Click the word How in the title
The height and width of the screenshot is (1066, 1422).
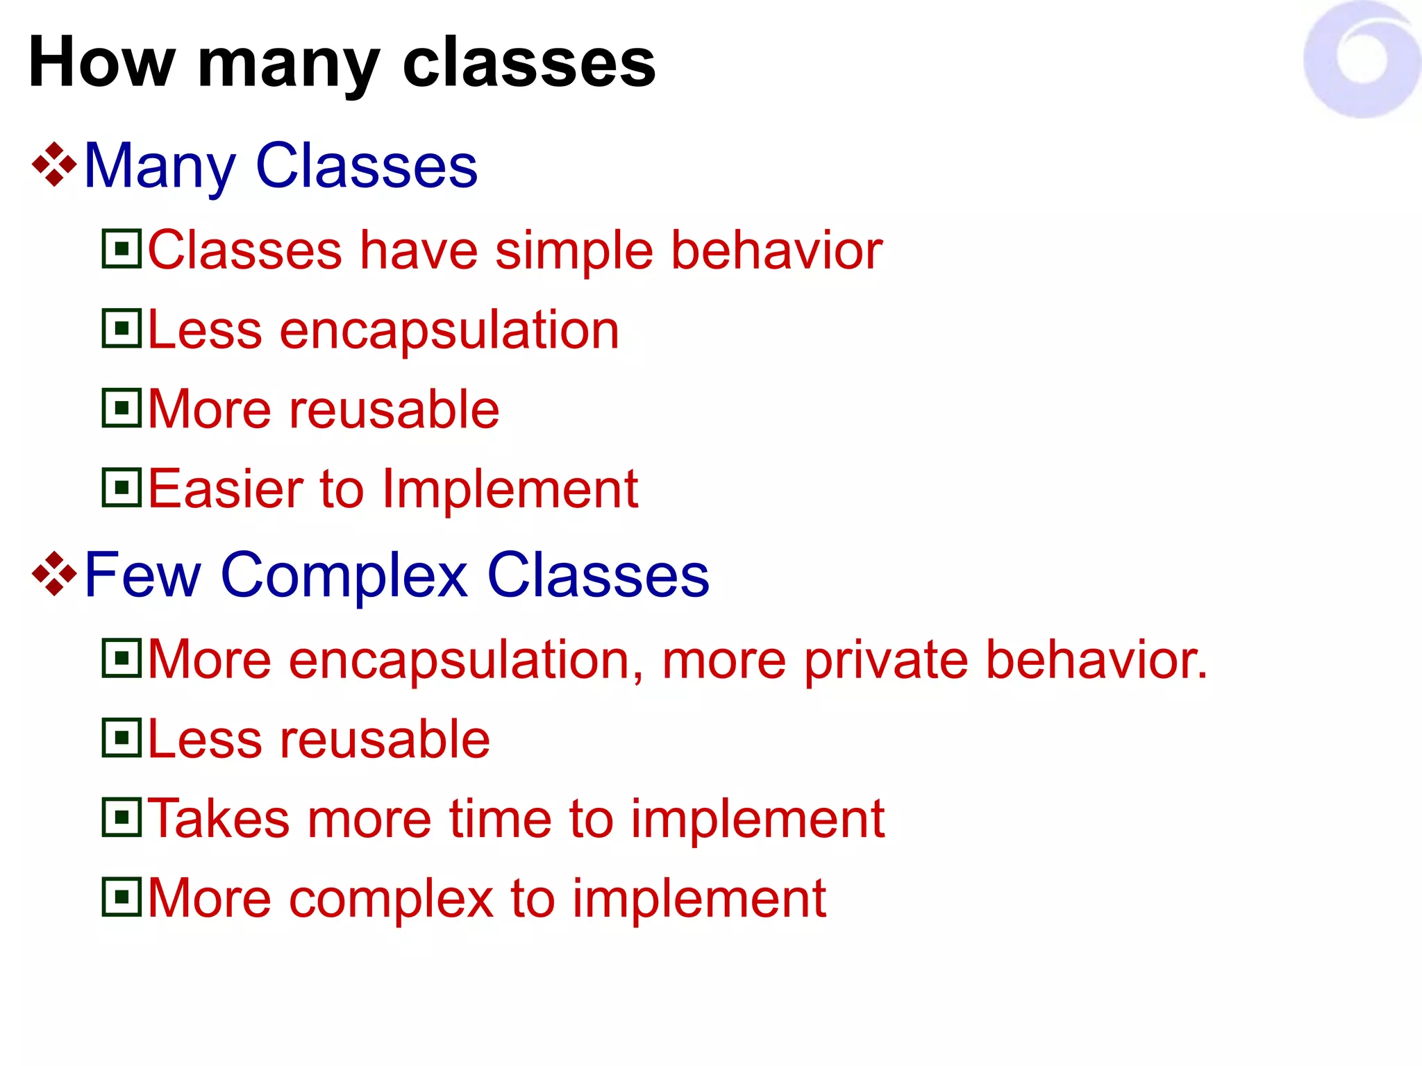(x=101, y=64)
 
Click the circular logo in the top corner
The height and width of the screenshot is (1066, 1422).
(x=1362, y=60)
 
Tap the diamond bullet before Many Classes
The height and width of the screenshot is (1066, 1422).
(x=54, y=165)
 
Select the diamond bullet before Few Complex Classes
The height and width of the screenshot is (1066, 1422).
(x=54, y=574)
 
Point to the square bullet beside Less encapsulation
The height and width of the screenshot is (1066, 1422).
(x=122, y=328)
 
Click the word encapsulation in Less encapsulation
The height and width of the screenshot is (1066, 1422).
(x=449, y=331)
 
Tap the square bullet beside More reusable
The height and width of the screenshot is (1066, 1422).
(x=122, y=408)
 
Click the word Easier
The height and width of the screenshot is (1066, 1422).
(x=225, y=489)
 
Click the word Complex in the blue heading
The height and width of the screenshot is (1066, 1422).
(x=344, y=576)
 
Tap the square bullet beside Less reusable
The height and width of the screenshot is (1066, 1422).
(x=122, y=738)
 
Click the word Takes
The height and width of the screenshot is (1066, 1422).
(x=218, y=820)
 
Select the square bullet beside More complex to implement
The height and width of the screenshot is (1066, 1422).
(x=122, y=897)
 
